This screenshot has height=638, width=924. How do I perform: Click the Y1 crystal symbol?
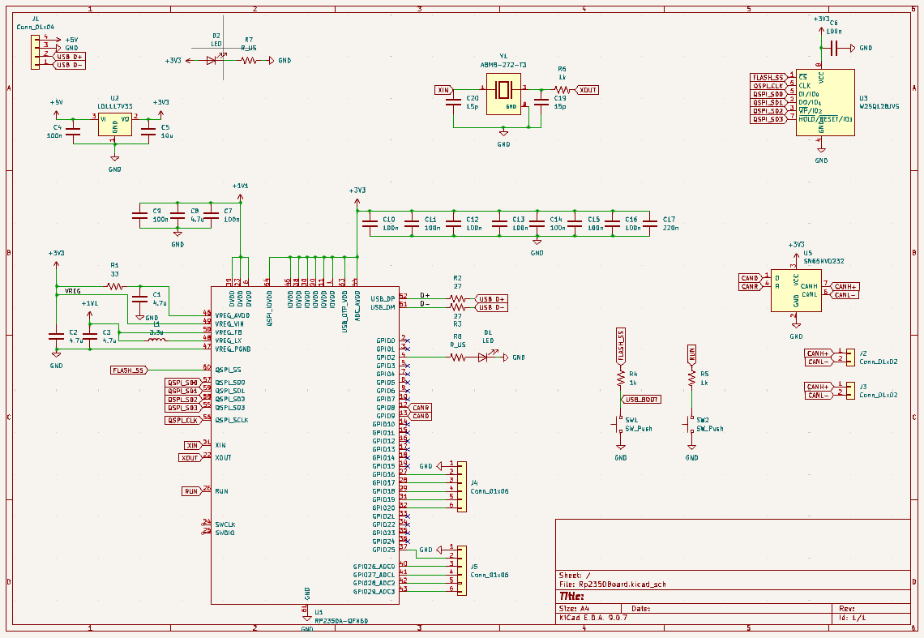(503, 96)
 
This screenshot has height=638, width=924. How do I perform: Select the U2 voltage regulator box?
(114, 124)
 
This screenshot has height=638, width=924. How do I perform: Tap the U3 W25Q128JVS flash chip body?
(824, 101)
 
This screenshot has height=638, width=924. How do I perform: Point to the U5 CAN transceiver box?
(795, 290)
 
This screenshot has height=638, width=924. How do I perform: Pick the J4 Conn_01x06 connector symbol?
(461, 486)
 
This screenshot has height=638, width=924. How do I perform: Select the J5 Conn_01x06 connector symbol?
(461, 569)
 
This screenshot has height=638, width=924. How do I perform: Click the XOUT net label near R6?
(587, 90)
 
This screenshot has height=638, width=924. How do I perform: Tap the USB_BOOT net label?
(641, 400)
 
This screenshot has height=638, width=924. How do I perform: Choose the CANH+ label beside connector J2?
(818, 353)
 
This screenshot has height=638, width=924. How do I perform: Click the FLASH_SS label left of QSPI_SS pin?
(128, 370)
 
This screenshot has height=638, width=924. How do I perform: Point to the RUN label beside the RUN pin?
(190, 491)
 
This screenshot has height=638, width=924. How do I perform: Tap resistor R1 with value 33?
(115, 286)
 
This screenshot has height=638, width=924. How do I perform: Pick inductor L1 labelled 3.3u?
(156, 340)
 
